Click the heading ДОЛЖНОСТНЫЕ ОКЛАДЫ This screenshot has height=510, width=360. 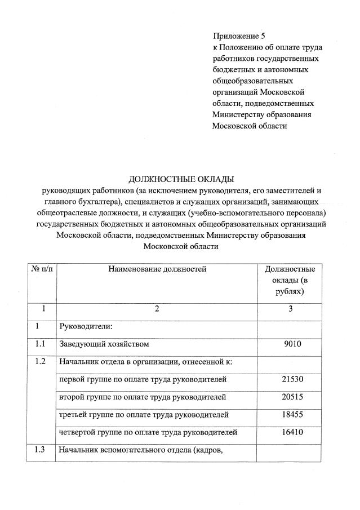tap(181, 180)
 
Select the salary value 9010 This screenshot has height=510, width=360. tap(292, 343)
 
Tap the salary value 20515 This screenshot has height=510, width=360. tap(292, 397)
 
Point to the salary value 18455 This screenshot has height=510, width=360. tap(292, 414)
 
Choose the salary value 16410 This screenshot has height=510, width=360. tap(292, 432)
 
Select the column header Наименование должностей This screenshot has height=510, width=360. tap(158, 269)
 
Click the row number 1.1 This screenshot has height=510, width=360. tap(40, 343)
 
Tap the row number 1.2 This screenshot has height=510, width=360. tap(40, 361)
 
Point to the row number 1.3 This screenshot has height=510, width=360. tap(40, 450)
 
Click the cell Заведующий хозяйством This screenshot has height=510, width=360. tap(104, 343)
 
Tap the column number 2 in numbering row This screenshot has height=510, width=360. tap(158, 308)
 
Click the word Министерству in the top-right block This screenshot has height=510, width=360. tap(239, 114)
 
